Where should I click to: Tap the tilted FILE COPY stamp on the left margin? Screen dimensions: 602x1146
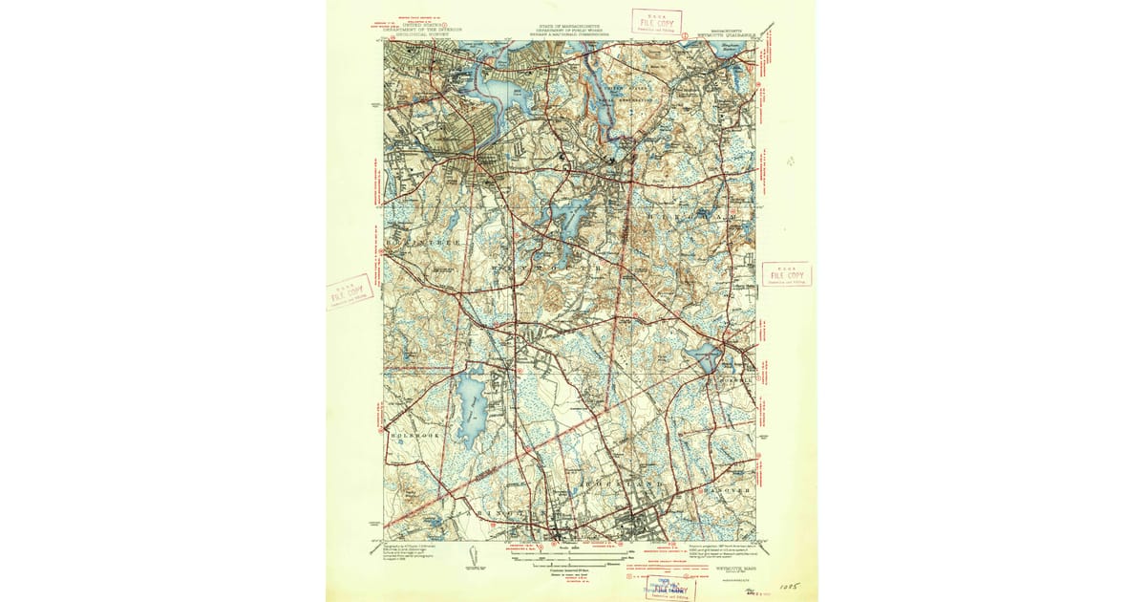pos(348,292)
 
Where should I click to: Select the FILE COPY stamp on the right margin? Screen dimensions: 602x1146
pos(786,274)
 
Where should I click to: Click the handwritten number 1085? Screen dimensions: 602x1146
pos(788,580)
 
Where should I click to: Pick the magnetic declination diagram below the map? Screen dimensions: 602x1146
pos(475,555)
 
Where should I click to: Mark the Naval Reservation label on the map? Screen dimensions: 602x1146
pos(621,98)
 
